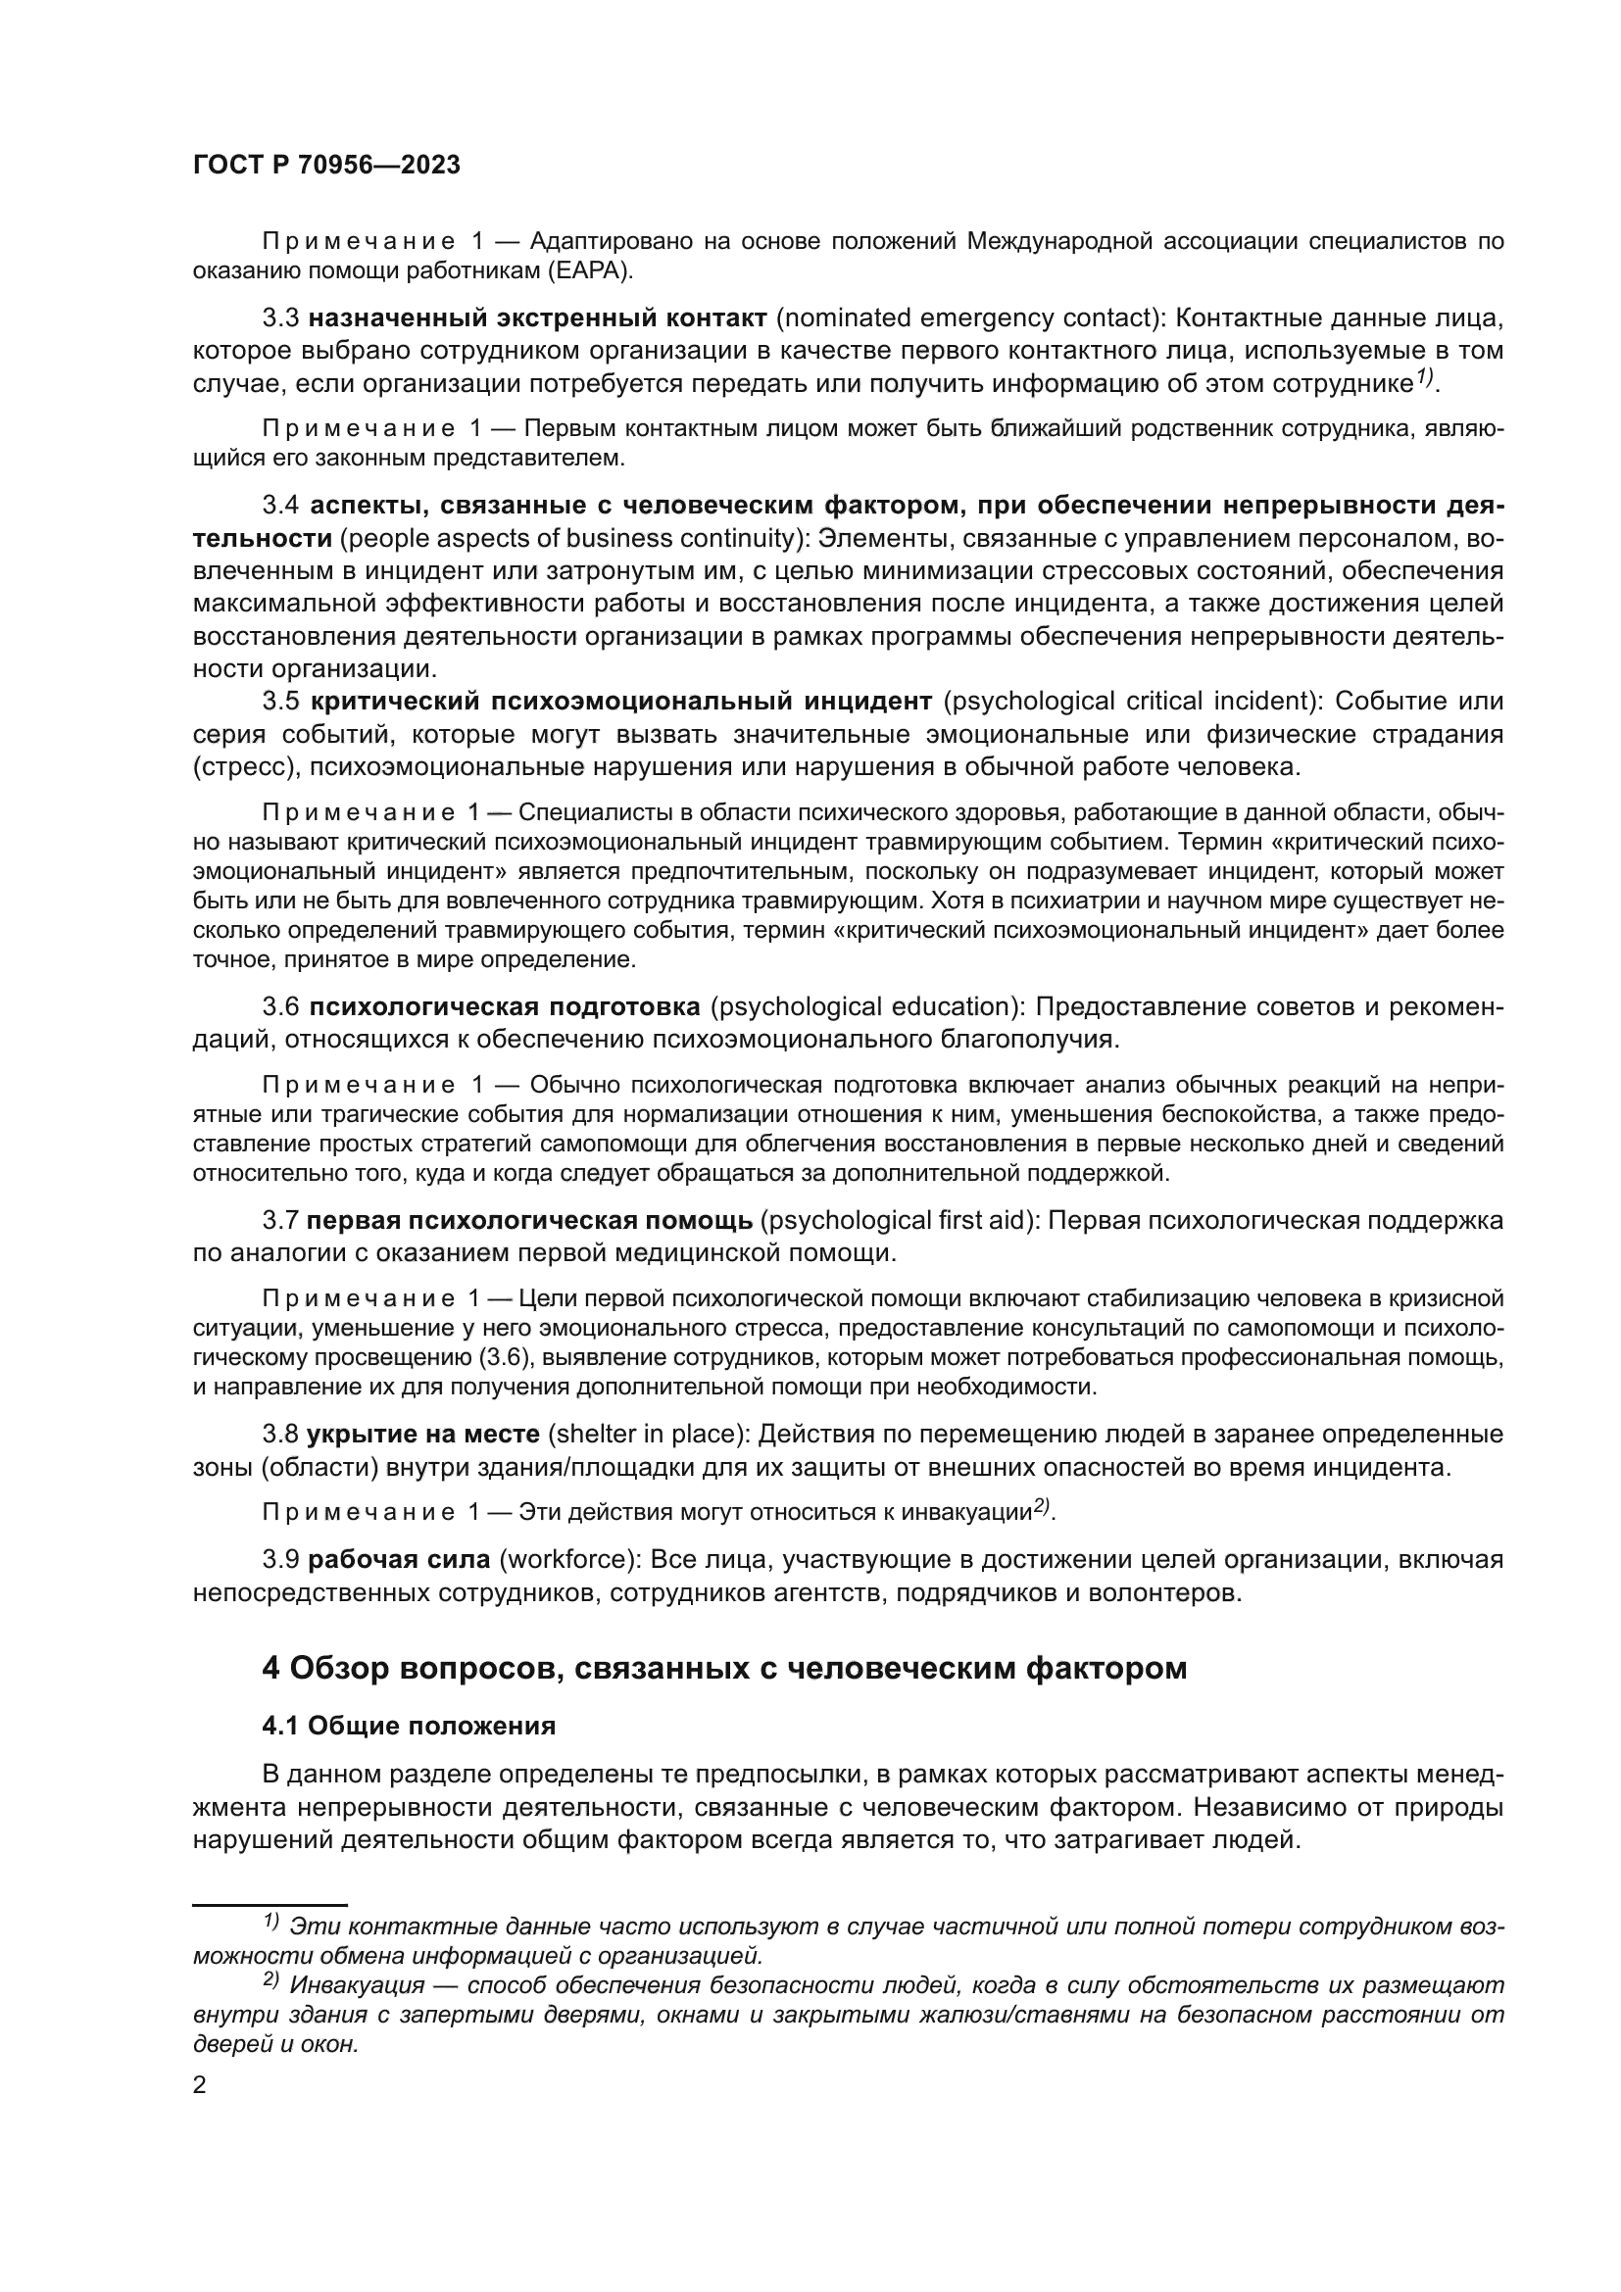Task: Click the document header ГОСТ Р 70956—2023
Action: pyautogui.click(x=325, y=166)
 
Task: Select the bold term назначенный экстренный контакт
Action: pyautogui.click(x=537, y=318)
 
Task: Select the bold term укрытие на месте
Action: pyautogui.click(x=423, y=1435)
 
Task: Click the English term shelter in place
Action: pyautogui.click(x=646, y=1435)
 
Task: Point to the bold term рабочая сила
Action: pyautogui.click(x=398, y=1559)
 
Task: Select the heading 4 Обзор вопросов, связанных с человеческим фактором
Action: pyautogui.click(x=723, y=1668)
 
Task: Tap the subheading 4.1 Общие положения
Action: pyautogui.click(x=409, y=1725)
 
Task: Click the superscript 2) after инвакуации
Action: pyautogui.click(x=1042, y=1507)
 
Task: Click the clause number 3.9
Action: pyautogui.click(x=280, y=1559)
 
